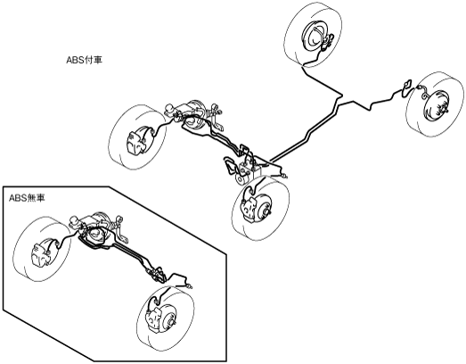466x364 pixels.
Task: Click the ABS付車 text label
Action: [x=84, y=60]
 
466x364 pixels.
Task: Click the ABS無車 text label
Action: [x=27, y=198]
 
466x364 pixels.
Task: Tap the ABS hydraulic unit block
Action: [x=249, y=170]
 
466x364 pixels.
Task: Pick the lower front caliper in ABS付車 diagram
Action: [x=249, y=209]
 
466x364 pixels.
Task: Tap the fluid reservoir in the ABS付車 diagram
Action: [x=170, y=109]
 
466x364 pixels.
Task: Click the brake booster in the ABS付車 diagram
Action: [x=195, y=112]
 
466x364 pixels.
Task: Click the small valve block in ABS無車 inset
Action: [x=157, y=275]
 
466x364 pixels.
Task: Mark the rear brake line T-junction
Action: [x=341, y=97]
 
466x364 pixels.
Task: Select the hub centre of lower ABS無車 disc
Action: [x=172, y=322]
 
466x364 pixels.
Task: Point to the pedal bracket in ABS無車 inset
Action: [x=121, y=227]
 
